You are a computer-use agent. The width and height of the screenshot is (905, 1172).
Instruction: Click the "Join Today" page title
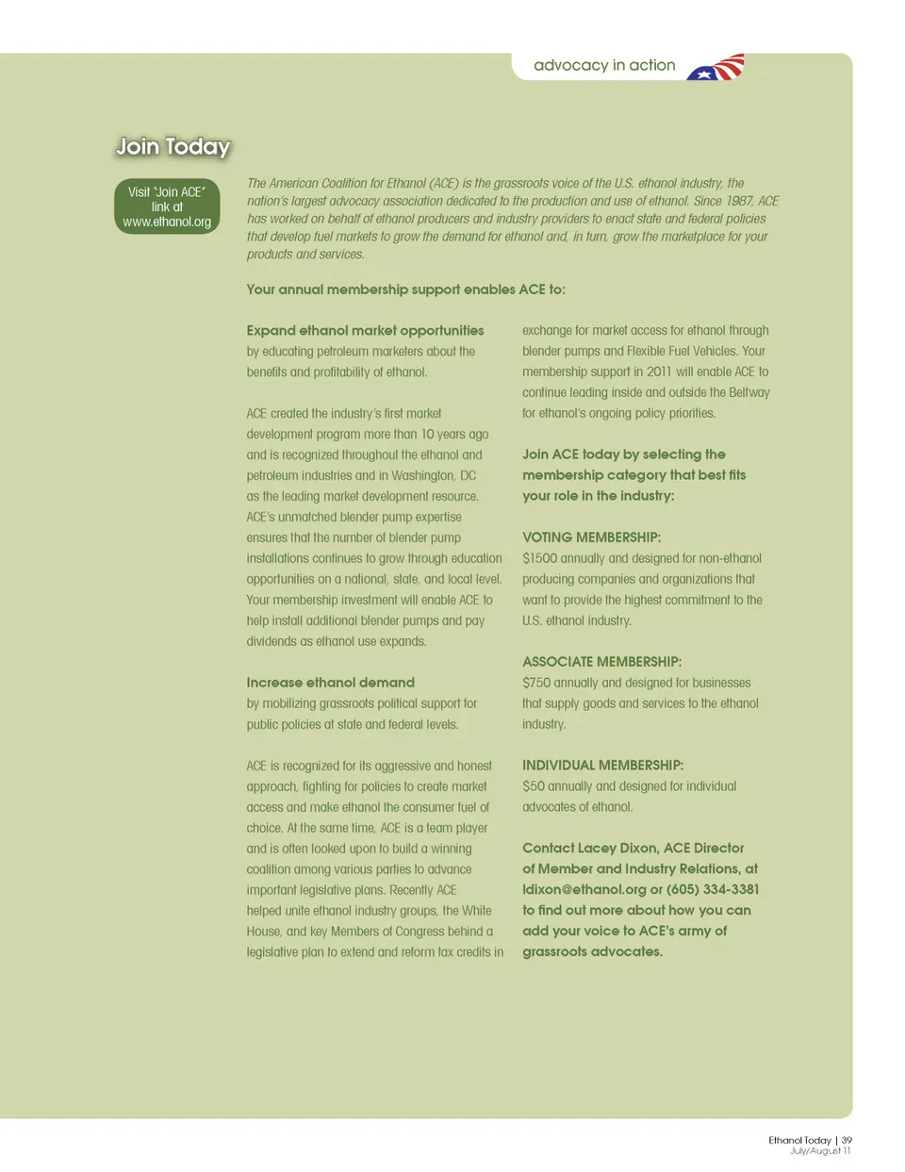click(173, 147)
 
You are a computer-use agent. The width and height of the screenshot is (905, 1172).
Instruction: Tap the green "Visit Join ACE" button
click(167, 206)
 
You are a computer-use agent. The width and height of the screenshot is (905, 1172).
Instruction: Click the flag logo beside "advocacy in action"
click(716, 68)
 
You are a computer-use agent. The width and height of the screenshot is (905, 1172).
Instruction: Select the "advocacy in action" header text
click(604, 66)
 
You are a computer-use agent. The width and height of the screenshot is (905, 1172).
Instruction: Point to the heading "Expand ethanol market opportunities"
click(365, 331)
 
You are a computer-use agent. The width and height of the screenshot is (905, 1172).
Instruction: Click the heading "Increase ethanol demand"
click(330, 683)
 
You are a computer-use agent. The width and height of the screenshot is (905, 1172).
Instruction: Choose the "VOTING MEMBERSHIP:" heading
click(591, 537)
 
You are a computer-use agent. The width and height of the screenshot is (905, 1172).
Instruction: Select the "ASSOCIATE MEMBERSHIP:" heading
click(601, 662)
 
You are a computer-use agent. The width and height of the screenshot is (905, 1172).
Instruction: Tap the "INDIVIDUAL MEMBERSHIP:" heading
click(602, 766)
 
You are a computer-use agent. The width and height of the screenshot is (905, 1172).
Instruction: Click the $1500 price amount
click(539, 558)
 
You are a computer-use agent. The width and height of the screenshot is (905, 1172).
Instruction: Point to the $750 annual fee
click(536, 683)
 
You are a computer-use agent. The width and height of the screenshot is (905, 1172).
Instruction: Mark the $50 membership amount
click(533, 786)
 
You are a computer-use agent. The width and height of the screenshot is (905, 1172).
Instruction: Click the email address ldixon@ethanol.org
click(584, 889)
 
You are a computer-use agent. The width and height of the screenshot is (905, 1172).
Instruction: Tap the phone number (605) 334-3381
click(713, 889)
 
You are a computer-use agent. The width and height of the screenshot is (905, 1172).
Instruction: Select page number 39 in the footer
click(847, 1140)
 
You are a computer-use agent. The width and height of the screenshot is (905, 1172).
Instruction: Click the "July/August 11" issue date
click(820, 1151)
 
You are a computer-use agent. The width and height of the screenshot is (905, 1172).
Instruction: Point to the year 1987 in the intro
click(739, 202)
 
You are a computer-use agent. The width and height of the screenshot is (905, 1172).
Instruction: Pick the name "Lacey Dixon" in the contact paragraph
click(614, 849)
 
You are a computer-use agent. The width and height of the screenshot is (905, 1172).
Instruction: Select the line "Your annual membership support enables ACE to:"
click(405, 289)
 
